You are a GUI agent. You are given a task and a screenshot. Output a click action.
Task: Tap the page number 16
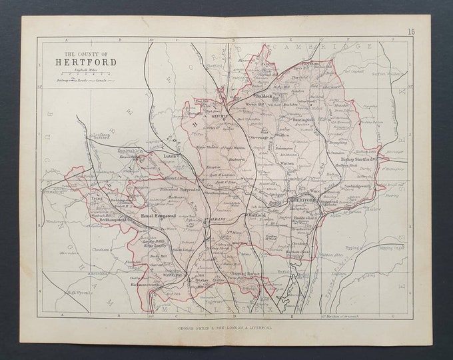[411, 31]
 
